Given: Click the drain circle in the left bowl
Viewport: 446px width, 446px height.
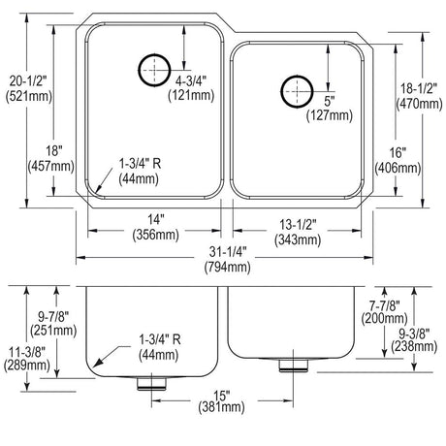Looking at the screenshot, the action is pyautogui.click(x=139, y=70).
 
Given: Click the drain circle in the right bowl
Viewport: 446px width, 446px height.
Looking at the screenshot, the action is pyautogui.click(x=281, y=91).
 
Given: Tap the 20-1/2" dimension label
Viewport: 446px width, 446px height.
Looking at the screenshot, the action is pyautogui.click(x=28, y=80).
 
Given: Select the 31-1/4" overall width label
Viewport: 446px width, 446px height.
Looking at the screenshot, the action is pyautogui.click(x=228, y=251).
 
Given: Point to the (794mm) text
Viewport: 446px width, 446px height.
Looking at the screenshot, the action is pyautogui.click(x=228, y=267).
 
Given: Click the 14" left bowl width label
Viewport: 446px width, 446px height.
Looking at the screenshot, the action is pyautogui.click(x=156, y=220).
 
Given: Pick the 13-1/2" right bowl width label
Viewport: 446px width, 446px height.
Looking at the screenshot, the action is pyautogui.click(x=298, y=224).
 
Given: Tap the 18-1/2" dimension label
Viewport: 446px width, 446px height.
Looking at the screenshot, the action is pyautogui.click(x=419, y=88).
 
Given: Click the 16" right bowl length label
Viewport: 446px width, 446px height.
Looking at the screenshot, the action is pyautogui.click(x=398, y=152).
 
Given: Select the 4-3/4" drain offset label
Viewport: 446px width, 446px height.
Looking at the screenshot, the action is pyautogui.click(x=191, y=80).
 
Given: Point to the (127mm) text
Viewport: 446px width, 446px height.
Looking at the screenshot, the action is pyautogui.click(x=330, y=115).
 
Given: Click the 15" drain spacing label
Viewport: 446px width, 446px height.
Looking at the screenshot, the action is pyautogui.click(x=222, y=395).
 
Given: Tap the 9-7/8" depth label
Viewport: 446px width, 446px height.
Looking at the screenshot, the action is pyautogui.click(x=53, y=316).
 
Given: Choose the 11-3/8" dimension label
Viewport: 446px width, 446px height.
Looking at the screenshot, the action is pyautogui.click(x=27, y=352).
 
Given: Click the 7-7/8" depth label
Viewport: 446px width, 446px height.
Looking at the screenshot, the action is pyautogui.click(x=385, y=304).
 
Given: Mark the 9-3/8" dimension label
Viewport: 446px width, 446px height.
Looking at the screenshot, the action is pyautogui.click(x=414, y=333).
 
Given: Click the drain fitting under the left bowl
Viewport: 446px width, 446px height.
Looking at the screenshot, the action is pyautogui.click(x=151, y=383).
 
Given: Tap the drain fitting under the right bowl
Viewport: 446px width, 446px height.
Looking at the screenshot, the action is pyautogui.click(x=294, y=366).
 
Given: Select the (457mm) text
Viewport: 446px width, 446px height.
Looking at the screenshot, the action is pyautogui.click(x=51, y=166).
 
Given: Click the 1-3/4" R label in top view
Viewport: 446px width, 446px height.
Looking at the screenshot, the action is pyautogui.click(x=140, y=164).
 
